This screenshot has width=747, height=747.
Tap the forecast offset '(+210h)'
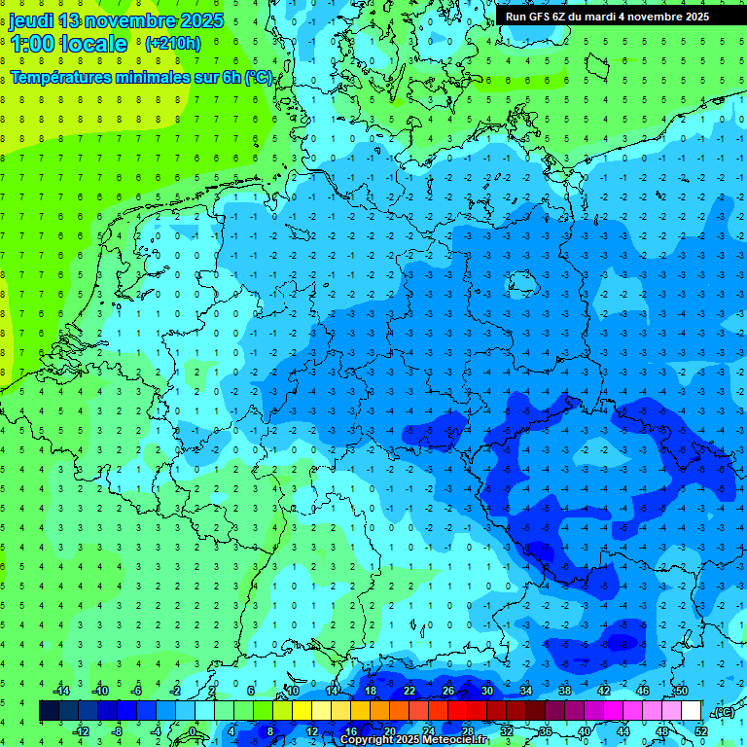(172, 44)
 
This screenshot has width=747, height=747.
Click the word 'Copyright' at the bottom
(368, 740)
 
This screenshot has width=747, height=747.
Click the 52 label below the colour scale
(700, 731)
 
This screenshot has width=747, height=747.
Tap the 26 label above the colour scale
(447, 691)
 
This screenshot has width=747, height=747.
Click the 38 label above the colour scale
(564, 691)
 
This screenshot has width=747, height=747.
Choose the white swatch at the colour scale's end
(691, 711)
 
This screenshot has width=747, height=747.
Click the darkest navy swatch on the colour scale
(49, 711)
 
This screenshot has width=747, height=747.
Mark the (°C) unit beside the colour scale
(724, 712)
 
